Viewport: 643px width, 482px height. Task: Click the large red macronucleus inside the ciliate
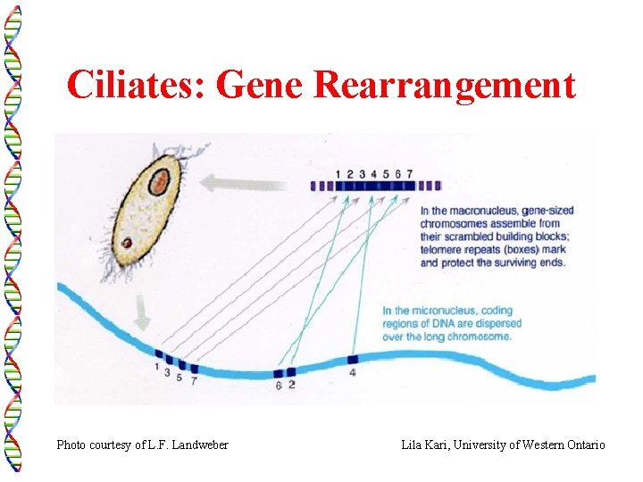158,183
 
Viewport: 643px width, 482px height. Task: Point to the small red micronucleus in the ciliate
128,242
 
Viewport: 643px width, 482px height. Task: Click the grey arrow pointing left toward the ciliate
240,183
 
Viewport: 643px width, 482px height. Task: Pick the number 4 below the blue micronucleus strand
353,372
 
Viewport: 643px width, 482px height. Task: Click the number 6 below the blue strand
278,386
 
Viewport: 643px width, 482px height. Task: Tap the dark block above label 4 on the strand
352,359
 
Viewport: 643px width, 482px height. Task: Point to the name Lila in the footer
412,445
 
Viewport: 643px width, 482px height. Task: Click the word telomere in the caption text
442,250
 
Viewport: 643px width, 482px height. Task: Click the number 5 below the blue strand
180,378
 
